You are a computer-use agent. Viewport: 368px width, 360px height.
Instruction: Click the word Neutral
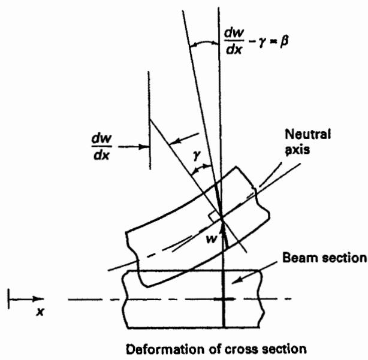coord(307,134)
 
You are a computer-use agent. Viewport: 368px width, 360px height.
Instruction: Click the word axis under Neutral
coord(297,149)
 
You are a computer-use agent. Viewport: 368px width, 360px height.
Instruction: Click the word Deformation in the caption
coord(165,349)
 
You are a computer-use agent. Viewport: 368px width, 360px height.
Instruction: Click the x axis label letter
coord(40,311)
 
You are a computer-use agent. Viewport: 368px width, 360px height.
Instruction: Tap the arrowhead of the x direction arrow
coord(38,299)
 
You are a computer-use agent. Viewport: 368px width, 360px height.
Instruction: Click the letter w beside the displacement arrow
coord(212,239)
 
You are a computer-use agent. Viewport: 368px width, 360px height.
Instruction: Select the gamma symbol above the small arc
coord(197,155)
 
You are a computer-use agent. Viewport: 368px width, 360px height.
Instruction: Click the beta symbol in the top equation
coord(284,42)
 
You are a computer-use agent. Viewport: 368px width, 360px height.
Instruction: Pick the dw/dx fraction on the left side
coord(102,147)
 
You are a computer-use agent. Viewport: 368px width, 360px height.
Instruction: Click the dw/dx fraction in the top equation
coord(234,41)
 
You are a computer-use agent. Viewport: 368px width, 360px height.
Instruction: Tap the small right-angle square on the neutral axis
coord(215,217)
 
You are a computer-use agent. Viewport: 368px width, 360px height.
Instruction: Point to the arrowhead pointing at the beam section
coord(237,280)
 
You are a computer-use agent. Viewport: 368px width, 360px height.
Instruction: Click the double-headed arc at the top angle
coord(204,43)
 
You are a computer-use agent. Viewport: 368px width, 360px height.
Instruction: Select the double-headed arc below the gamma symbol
coord(201,168)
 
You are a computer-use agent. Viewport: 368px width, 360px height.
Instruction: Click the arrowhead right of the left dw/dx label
coord(144,147)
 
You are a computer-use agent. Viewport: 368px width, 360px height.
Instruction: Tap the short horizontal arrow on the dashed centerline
coord(224,299)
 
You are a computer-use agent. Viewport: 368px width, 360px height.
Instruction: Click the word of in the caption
coord(215,349)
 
